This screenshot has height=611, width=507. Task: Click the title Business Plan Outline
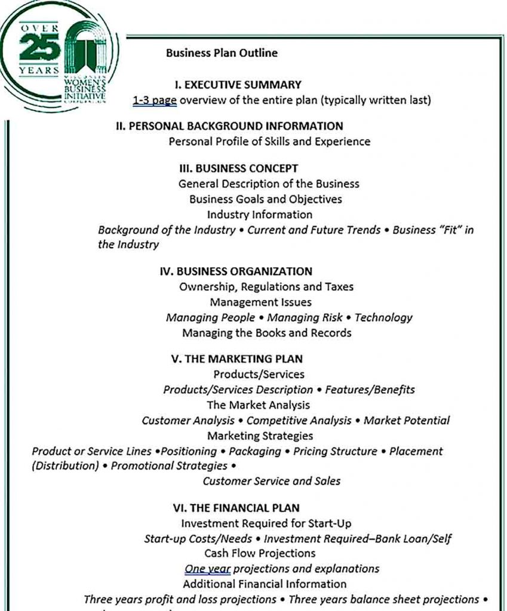point(222,53)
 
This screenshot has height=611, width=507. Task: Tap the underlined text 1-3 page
point(155,100)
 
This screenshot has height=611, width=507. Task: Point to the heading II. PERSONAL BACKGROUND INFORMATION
point(229,126)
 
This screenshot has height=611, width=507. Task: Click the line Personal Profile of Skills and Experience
point(269,141)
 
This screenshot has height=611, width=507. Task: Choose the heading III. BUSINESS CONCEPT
point(238,168)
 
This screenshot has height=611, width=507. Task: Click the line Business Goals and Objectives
point(265,199)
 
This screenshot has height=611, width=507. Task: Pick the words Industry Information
point(260,214)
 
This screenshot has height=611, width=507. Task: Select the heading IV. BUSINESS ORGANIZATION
point(236,271)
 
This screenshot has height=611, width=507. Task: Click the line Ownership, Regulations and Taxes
point(266,287)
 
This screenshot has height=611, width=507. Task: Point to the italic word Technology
point(383,317)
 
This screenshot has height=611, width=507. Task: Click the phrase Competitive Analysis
point(299,421)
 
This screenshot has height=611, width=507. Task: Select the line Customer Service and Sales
point(271,481)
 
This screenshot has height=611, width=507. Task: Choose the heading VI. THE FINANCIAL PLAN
point(236,508)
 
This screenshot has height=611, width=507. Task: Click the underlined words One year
point(207,569)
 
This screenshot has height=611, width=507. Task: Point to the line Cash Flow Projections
point(260,553)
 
